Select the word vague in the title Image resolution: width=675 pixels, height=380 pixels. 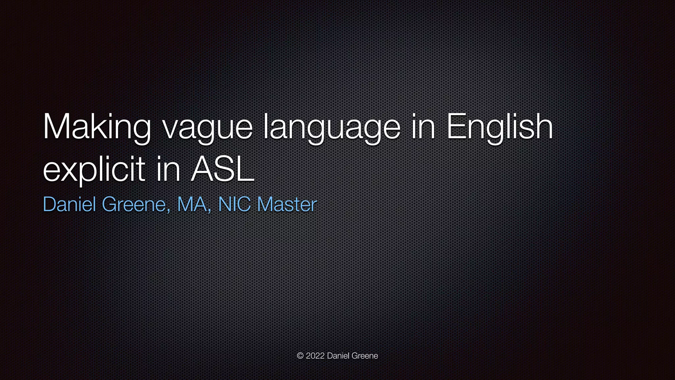[208, 129]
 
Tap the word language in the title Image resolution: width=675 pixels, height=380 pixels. [332, 129]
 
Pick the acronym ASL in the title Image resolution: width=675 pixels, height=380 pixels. [222, 169]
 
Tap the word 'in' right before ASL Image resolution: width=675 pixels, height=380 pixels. [168, 169]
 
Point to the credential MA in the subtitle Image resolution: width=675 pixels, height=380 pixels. [191, 204]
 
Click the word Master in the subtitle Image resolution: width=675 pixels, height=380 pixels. [287, 204]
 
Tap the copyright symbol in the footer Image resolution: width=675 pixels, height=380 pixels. [300, 356]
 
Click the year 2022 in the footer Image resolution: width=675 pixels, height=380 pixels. [315, 356]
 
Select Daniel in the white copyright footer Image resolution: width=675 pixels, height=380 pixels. [338, 356]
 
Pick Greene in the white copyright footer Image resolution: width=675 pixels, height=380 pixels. [365, 356]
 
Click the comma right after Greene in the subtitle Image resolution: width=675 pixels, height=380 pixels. [169, 210]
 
